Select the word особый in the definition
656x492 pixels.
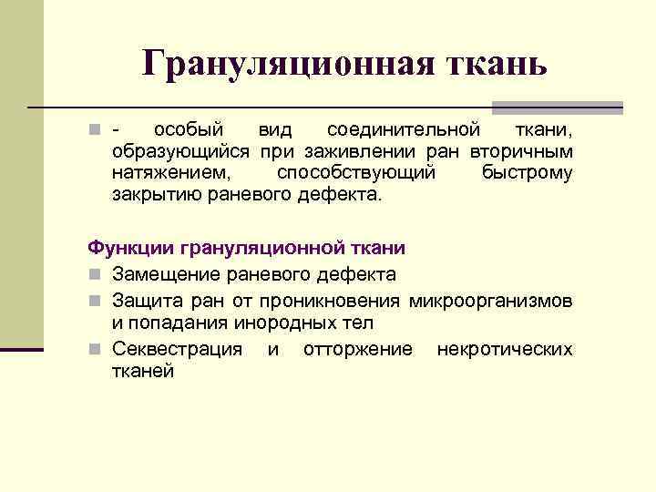[x=189, y=128]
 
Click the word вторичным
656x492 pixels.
[x=522, y=149]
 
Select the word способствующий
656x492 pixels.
[x=356, y=171]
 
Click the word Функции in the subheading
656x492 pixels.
[x=131, y=247]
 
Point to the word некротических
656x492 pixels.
[x=505, y=350]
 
